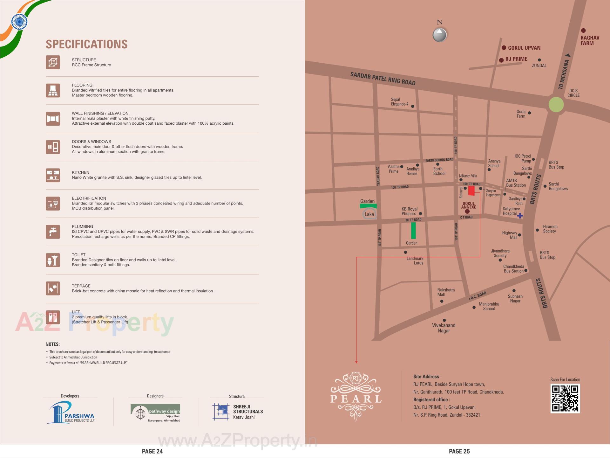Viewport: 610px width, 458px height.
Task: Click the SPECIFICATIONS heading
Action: pyautogui.click(x=87, y=44)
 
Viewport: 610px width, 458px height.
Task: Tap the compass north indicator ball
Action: pyautogui.click(x=440, y=34)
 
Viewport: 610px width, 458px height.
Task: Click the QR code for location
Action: pyautogui.click(x=565, y=399)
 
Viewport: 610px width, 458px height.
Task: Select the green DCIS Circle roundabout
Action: pyautogui.click(x=556, y=104)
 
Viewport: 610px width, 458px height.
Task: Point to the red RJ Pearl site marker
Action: pyautogui.click(x=471, y=191)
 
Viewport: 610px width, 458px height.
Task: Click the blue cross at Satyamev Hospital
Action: pyautogui.click(x=520, y=216)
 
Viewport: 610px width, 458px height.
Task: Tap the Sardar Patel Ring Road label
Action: pyautogui.click(x=383, y=79)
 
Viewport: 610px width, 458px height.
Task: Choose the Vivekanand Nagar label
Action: pyautogui.click(x=444, y=328)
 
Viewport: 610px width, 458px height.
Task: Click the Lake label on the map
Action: pyautogui.click(x=369, y=214)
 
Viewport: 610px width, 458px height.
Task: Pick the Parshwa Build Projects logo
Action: pyautogui.click(x=71, y=413)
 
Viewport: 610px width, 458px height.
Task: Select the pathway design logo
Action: pyautogui.click(x=155, y=413)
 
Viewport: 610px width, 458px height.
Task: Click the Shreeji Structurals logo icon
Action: pyautogui.click(x=220, y=412)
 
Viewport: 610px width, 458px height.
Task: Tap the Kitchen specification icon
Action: pyautogui.click(x=53, y=175)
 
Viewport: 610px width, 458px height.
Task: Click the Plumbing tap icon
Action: pyautogui.click(x=53, y=232)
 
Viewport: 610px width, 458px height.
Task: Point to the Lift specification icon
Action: pyautogui.click(x=53, y=317)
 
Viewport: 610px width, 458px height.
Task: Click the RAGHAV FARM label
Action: pyautogui.click(x=590, y=40)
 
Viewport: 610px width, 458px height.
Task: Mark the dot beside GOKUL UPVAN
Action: pyautogui.click(x=504, y=48)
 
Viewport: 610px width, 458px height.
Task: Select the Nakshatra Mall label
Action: pyautogui.click(x=446, y=292)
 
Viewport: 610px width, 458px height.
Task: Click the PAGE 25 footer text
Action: pyautogui.click(x=459, y=451)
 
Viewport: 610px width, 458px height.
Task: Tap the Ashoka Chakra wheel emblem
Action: pyautogui.click(x=19, y=22)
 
